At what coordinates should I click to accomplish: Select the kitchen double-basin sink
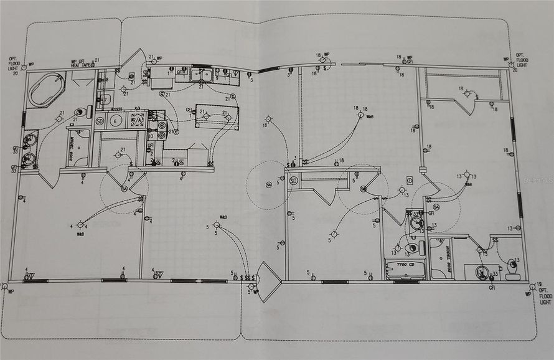pyautogui.click(x=200, y=76)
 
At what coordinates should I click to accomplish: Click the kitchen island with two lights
pyautogui.click(x=217, y=116)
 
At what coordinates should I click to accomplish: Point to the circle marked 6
pyautogui.click(x=116, y=120)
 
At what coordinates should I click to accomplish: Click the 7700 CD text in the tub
pyautogui.click(x=405, y=265)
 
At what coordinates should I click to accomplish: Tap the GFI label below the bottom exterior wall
pyautogui.click(x=491, y=288)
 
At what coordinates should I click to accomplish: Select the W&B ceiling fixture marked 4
pyautogui.click(x=80, y=225)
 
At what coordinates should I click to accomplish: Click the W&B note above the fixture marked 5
pyautogui.click(x=222, y=217)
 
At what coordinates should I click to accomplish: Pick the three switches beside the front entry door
pyautogui.click(x=248, y=277)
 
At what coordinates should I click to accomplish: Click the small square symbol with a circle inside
pyautogui.click(x=410, y=180)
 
